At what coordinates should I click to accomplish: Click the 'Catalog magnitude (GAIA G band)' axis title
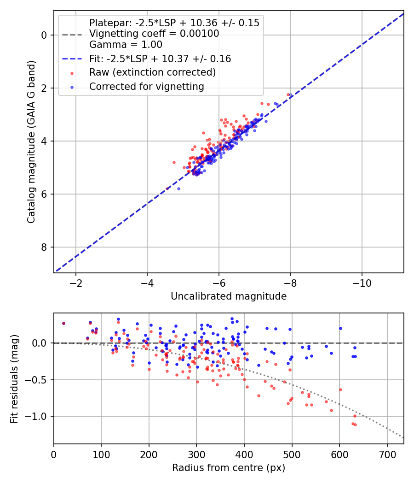(x=31, y=142)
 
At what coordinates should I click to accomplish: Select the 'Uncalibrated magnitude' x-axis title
(x=229, y=296)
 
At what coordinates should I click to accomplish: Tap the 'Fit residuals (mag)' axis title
(x=14, y=379)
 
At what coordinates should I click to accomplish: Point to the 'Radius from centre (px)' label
(x=229, y=468)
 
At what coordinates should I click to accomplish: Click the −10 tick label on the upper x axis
(x=362, y=283)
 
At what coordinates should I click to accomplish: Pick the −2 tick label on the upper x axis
(x=76, y=283)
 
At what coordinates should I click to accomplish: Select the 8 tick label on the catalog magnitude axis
(x=44, y=247)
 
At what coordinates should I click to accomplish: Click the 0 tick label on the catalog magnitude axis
(x=44, y=35)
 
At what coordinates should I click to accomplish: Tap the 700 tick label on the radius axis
(x=387, y=454)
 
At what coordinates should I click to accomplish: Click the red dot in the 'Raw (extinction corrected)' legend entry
(x=72, y=73)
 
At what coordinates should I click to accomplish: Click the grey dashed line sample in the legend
(x=72, y=35)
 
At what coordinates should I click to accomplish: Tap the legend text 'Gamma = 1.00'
(x=126, y=45)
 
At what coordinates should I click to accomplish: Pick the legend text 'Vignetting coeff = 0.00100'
(x=154, y=34)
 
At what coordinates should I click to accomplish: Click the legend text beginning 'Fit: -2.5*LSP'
(x=160, y=59)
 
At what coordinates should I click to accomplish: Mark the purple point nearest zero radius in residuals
(x=64, y=323)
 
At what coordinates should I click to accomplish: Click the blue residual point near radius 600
(x=341, y=328)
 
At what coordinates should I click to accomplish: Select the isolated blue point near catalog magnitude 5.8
(x=178, y=189)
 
